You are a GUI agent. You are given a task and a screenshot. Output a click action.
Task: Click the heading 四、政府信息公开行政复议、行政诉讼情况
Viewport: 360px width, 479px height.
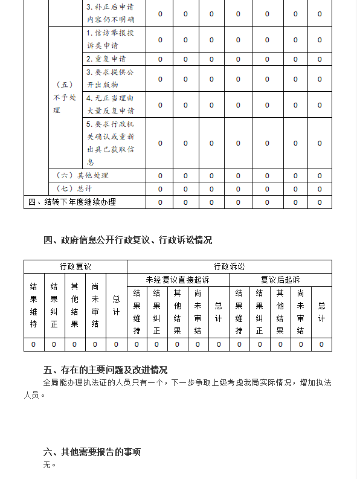(x=127, y=240)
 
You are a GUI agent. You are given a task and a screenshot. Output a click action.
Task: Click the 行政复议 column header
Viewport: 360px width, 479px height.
(x=75, y=266)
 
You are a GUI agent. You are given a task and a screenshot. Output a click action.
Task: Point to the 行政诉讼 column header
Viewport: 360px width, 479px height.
(x=229, y=266)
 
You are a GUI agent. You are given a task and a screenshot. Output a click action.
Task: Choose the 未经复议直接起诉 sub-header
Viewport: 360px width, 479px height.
(x=178, y=280)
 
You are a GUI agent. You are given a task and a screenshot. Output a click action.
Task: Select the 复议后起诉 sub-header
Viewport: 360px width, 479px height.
(x=280, y=280)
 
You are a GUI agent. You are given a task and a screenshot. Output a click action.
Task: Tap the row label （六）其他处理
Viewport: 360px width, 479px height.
(x=82, y=175)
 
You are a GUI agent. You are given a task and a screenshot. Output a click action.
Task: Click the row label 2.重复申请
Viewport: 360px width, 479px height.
(x=105, y=59)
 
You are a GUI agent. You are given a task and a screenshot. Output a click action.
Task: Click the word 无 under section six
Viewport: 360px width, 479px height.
(x=47, y=465)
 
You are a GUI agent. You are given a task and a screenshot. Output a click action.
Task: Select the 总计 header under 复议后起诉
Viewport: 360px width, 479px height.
(x=321, y=313)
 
